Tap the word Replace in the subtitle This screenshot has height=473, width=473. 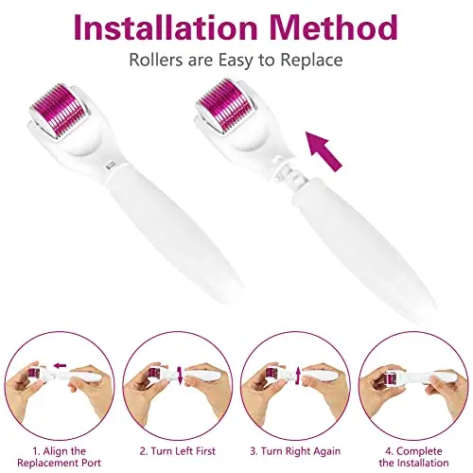tap(311, 60)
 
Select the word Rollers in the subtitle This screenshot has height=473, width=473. tap(156, 60)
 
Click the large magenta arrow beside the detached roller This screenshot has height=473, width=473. tap(324, 151)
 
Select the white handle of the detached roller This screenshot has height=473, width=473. tap(362, 246)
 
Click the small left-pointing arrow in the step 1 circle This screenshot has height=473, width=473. tap(60, 366)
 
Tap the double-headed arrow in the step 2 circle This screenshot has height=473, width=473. tap(180, 375)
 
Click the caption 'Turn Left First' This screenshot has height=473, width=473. tap(178, 451)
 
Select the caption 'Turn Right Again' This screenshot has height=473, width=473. tap(295, 451)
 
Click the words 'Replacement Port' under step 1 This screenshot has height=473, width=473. tap(60, 463)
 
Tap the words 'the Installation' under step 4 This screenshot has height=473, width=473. tap(413, 463)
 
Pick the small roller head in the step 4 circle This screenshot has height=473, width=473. tap(392, 377)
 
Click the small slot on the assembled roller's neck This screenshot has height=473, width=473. tap(111, 164)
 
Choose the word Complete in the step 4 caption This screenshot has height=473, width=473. tap(419, 451)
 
